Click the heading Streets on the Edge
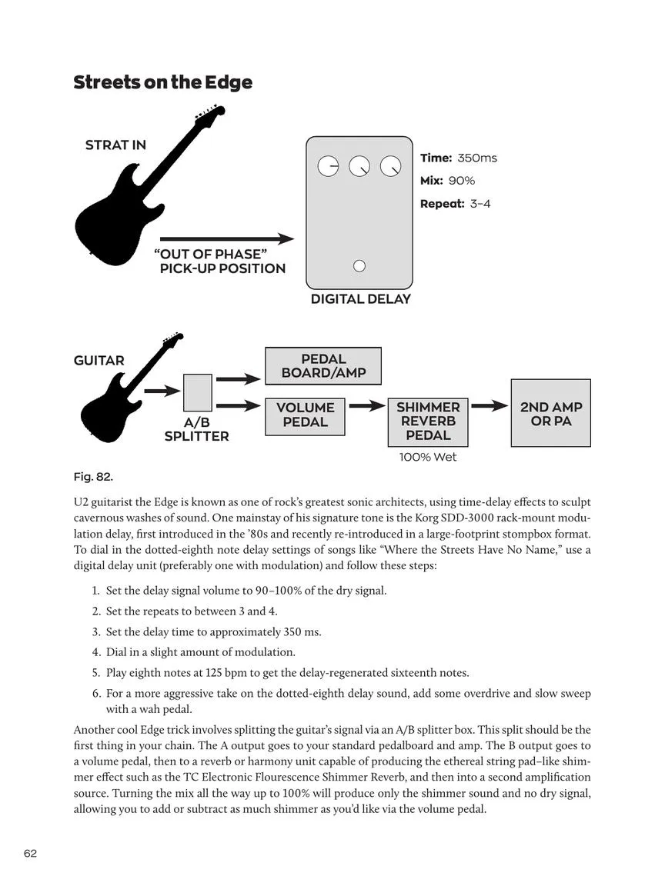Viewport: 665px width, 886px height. click(x=162, y=82)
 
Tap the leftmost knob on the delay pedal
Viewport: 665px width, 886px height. click(x=328, y=166)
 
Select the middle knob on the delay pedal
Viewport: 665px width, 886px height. click(x=359, y=166)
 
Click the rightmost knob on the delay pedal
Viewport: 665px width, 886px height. click(x=391, y=166)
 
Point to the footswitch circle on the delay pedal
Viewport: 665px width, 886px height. click(x=359, y=266)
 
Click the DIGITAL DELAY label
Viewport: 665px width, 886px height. click(x=360, y=299)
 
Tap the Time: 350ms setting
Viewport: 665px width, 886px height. click(x=458, y=158)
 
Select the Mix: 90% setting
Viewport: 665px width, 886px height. click(x=447, y=181)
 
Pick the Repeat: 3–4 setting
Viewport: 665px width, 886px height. click(x=455, y=204)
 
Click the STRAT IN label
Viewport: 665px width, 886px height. click(x=115, y=145)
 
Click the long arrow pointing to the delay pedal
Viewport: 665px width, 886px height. click(x=226, y=239)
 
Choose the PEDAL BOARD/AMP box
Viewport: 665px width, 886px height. click(x=323, y=366)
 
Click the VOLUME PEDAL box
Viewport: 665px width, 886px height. click(x=305, y=415)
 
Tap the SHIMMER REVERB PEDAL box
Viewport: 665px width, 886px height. click(x=428, y=421)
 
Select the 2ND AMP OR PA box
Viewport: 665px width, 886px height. click(x=551, y=414)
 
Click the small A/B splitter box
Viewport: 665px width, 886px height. click(x=198, y=392)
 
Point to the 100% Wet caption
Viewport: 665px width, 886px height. click(x=428, y=457)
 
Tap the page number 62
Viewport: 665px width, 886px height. click(x=30, y=854)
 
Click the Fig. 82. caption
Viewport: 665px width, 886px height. click(x=92, y=477)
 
